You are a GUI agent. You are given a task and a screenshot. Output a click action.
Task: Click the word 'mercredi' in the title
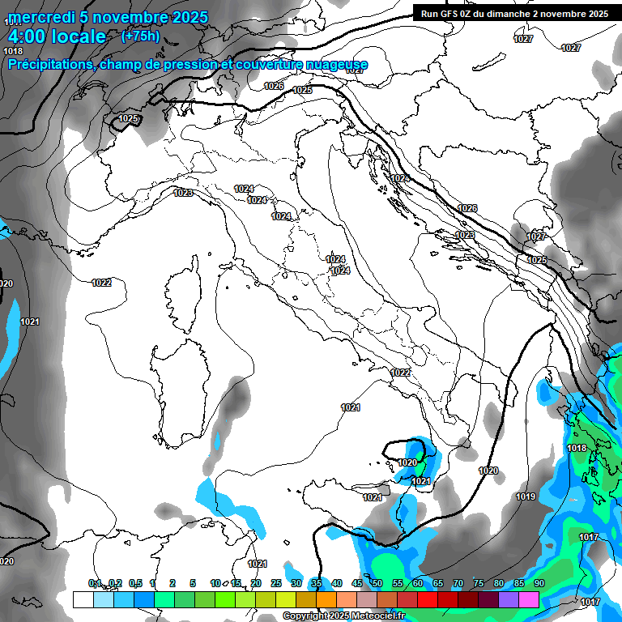(38, 17)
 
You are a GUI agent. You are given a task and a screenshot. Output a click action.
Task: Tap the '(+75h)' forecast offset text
(140, 36)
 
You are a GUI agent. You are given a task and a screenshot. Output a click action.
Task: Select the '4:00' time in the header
(26, 36)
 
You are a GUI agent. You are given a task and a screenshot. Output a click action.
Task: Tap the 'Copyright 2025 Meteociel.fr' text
(343, 616)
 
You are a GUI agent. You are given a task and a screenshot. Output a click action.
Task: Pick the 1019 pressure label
(526, 496)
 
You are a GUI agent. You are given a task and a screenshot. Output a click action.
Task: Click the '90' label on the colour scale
(539, 583)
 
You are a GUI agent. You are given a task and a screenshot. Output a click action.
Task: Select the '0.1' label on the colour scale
(95, 583)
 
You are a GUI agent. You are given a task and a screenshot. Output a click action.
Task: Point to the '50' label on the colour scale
(377, 583)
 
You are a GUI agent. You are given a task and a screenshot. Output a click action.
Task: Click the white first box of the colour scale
(83, 599)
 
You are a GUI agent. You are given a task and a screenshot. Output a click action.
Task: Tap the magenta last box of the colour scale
(529, 599)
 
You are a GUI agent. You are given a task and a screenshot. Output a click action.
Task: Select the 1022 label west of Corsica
(101, 283)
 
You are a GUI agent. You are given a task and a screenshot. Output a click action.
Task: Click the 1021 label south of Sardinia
(258, 564)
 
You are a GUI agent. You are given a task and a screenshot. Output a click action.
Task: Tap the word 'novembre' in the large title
(130, 17)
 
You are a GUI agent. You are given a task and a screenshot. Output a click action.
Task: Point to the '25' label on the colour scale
(276, 583)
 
